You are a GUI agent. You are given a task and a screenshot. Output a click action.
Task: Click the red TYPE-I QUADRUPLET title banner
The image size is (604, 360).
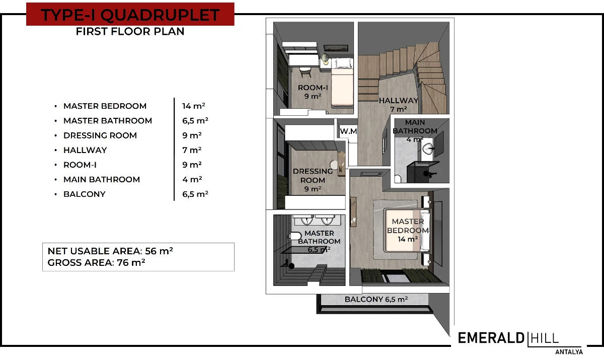point(130,14)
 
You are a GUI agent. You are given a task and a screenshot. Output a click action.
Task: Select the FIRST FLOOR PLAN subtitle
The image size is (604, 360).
point(130,32)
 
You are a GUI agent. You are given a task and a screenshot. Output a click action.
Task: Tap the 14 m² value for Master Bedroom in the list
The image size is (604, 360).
point(194,106)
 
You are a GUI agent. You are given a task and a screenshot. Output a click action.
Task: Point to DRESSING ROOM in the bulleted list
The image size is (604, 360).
point(100,135)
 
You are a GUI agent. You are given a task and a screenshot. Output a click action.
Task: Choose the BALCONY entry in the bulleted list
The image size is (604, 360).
point(85,194)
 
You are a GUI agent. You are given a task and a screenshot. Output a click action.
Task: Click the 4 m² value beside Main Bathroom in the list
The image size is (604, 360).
point(192,179)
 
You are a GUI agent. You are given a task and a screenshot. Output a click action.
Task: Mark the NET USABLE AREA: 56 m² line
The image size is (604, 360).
point(110,251)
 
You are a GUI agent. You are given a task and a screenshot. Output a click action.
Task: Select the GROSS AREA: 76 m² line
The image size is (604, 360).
point(96,263)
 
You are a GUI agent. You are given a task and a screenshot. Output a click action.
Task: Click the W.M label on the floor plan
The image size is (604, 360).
point(348,131)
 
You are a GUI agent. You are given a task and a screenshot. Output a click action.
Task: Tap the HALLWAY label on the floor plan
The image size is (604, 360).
point(399,101)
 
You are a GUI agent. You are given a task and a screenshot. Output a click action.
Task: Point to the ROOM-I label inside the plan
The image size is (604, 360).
point(313,88)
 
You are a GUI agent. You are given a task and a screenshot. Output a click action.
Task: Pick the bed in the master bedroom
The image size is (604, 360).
point(408,230)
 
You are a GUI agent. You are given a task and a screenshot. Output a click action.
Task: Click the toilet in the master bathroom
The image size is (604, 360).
point(295,236)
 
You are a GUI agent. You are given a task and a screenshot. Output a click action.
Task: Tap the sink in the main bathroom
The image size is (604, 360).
point(428,149)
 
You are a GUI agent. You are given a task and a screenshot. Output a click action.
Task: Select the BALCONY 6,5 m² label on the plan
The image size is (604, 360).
point(376,299)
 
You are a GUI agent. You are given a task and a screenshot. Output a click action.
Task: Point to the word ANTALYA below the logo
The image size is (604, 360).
point(569,352)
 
